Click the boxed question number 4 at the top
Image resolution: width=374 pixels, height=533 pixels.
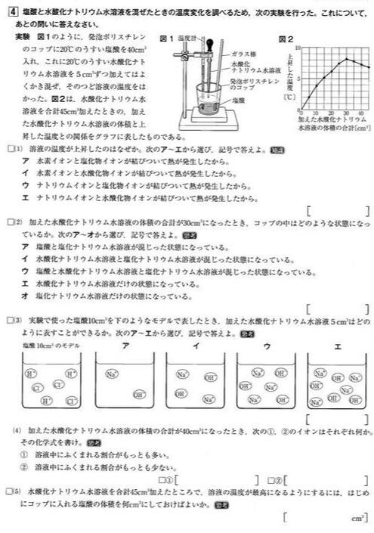pos(10,11)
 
